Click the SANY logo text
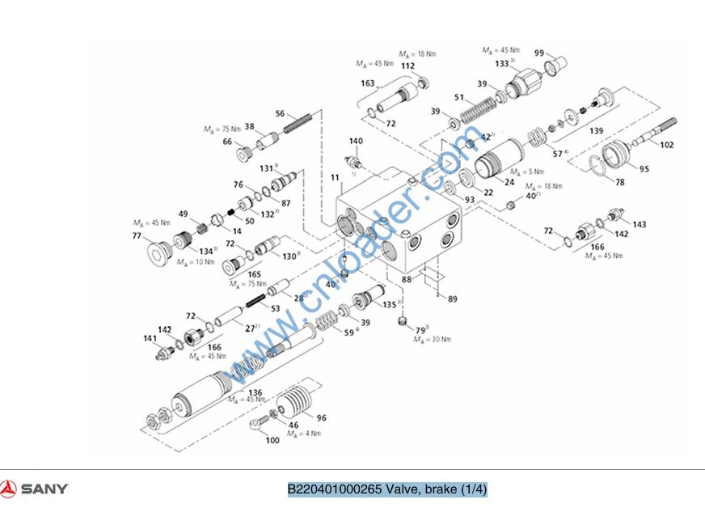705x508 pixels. coord(44,489)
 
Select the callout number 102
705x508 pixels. coord(667,146)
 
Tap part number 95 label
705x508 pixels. coord(644,169)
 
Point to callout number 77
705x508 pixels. coord(137,236)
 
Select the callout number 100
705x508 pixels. coord(272,440)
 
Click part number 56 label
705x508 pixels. coord(280,114)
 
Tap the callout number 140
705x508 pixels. coord(356,142)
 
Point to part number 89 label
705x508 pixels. coord(452,299)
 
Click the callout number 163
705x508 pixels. coord(368,83)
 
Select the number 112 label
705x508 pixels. coord(408,66)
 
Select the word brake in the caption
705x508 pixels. coord(441,489)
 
